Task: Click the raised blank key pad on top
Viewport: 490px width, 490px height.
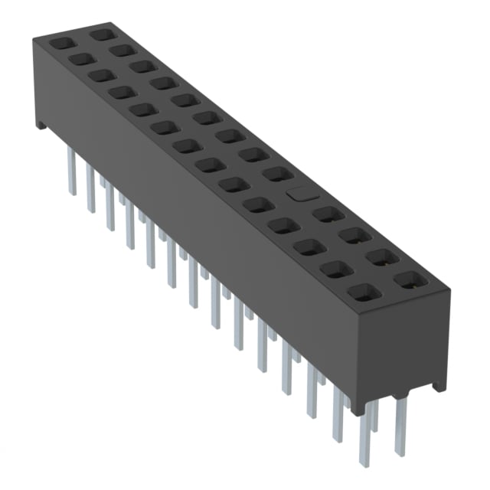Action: coord(299,194)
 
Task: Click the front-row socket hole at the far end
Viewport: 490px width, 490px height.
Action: coord(60,44)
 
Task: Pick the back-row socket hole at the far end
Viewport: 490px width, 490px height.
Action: coord(100,34)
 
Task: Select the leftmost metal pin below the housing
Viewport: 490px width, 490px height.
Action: coord(72,171)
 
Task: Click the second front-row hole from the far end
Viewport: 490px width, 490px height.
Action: coord(80,58)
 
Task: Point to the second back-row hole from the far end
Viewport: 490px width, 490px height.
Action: coord(120,51)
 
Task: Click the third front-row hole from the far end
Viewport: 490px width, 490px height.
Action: coord(100,75)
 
